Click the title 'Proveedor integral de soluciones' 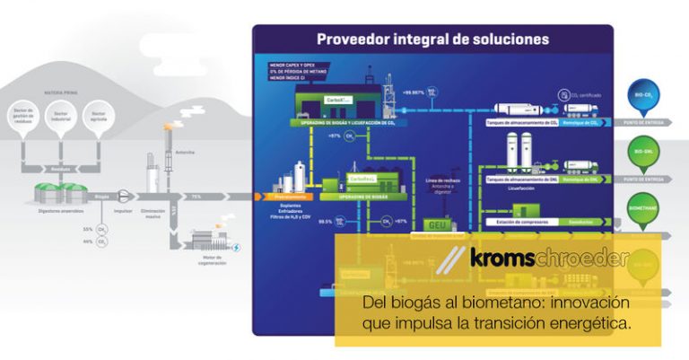coord(432,39)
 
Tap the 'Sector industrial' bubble coord(60,116)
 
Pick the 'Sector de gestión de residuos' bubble coord(22,116)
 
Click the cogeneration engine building coord(208,241)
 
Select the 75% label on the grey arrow coord(195,196)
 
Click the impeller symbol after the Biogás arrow coord(124,196)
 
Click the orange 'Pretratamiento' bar coord(285,196)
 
